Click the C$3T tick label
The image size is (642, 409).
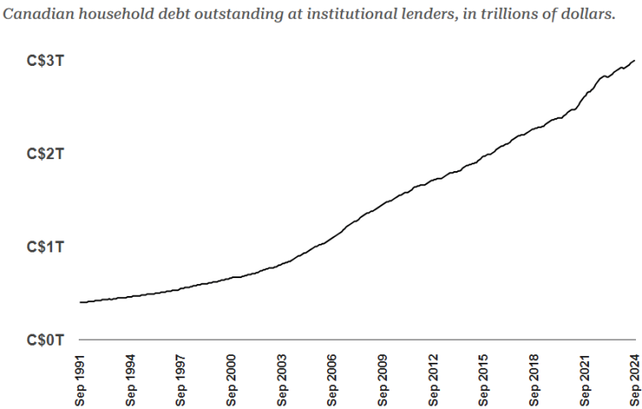coord(45,61)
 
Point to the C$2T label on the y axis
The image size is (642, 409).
coord(45,154)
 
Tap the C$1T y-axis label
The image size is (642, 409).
coord(45,247)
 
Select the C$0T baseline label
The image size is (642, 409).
coord(45,340)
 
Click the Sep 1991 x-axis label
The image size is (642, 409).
coord(80,381)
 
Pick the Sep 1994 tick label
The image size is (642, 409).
coord(130,381)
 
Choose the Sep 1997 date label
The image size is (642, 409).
coord(181,381)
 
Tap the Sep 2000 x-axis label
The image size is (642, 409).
coord(231,381)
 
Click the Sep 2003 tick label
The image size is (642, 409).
coord(282,381)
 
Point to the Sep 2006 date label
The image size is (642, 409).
coord(332,381)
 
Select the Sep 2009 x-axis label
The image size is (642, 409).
coord(383,381)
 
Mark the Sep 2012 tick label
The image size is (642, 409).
coord(433,381)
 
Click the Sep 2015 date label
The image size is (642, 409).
coord(484,381)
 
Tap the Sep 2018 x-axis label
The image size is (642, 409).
coord(534,381)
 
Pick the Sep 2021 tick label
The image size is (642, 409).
coord(585,381)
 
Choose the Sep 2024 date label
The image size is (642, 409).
coord(635,381)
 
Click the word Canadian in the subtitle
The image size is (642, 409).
coord(39,14)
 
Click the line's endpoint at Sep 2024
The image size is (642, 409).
coord(634,60)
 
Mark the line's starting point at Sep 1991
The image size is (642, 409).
coord(80,302)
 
